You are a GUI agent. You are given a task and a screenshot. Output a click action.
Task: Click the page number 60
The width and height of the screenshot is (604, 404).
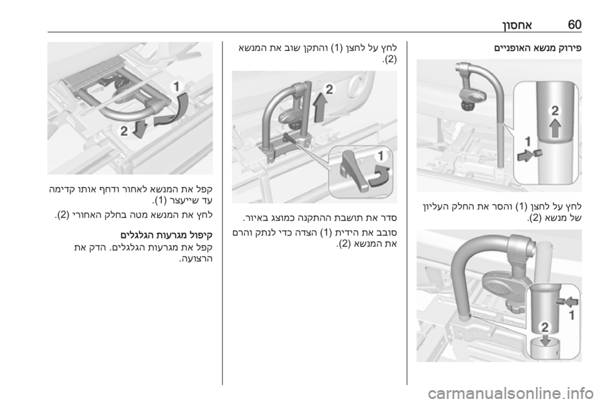(574, 25)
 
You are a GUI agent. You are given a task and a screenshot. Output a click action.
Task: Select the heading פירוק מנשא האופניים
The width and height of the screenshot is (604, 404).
(538, 48)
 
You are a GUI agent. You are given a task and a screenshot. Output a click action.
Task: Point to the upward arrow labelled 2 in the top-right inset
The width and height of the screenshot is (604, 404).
(555, 128)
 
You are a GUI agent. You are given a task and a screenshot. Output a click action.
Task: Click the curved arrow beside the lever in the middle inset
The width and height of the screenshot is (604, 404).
(379, 176)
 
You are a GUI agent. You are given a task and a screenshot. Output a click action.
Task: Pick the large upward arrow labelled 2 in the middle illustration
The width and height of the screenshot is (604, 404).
(319, 108)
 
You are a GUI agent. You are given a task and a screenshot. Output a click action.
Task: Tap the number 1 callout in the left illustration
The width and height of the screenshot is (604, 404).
(176, 86)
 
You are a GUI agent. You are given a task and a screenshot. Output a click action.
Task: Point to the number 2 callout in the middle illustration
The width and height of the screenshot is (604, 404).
(329, 89)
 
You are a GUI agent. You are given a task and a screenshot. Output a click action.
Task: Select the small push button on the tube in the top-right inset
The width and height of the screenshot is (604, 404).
(537, 153)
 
